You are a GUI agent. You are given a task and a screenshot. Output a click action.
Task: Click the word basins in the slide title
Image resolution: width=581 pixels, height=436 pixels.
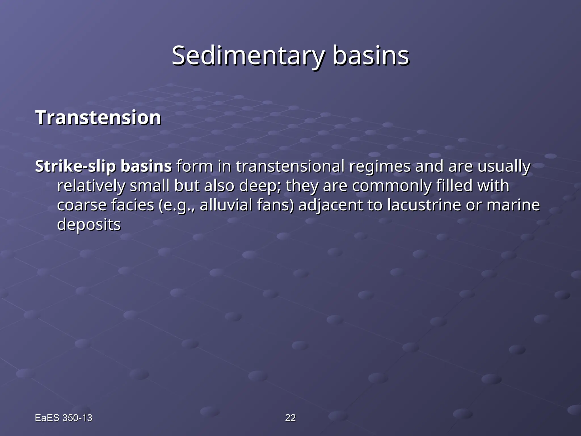[x=371, y=56]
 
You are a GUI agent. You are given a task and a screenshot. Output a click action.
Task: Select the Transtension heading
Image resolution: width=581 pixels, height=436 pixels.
[x=98, y=118]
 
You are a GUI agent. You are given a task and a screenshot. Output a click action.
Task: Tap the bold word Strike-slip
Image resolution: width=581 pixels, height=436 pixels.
[x=75, y=167]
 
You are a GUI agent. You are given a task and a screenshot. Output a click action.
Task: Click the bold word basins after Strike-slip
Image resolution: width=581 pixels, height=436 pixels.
[x=146, y=167]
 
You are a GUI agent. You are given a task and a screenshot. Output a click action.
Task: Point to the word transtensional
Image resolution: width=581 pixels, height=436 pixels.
[x=290, y=167]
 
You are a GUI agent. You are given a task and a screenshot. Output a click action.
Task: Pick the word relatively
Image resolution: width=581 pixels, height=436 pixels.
[x=91, y=186]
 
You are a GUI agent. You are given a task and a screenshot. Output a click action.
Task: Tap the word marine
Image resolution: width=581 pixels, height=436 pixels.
[x=513, y=205]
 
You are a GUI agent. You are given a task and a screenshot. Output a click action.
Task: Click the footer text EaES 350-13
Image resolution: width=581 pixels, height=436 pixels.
[x=64, y=418]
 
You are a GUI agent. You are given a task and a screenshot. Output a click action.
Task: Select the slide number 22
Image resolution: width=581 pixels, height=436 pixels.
[x=290, y=418]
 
